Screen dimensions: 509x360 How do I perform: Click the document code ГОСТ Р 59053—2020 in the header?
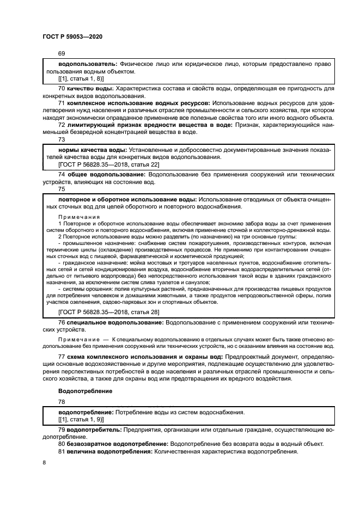(72, 36)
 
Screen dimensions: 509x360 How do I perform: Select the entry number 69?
(61, 54)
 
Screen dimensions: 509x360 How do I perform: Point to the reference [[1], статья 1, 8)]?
(81, 78)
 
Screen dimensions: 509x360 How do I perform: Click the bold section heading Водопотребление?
(85, 391)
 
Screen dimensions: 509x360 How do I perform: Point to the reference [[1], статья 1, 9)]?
(81, 420)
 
